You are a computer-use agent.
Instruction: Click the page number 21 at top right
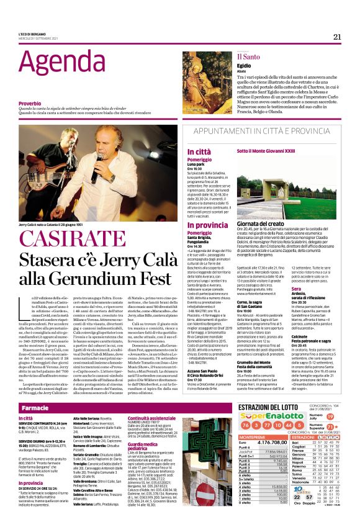pos(337,37)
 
